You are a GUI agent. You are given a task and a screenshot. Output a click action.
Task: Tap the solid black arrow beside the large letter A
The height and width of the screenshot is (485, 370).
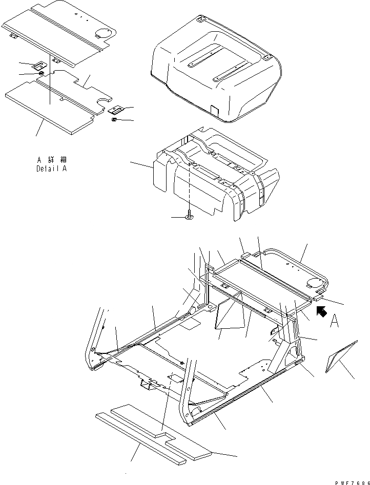(322, 310)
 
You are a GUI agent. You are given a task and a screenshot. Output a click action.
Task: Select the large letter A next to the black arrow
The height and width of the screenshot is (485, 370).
(335, 321)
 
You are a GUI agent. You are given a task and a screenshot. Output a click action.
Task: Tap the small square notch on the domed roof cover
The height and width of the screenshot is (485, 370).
(214, 110)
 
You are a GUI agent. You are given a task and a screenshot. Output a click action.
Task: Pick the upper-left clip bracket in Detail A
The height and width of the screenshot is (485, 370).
(39, 66)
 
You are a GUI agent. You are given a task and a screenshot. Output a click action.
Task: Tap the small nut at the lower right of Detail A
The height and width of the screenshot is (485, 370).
(114, 119)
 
